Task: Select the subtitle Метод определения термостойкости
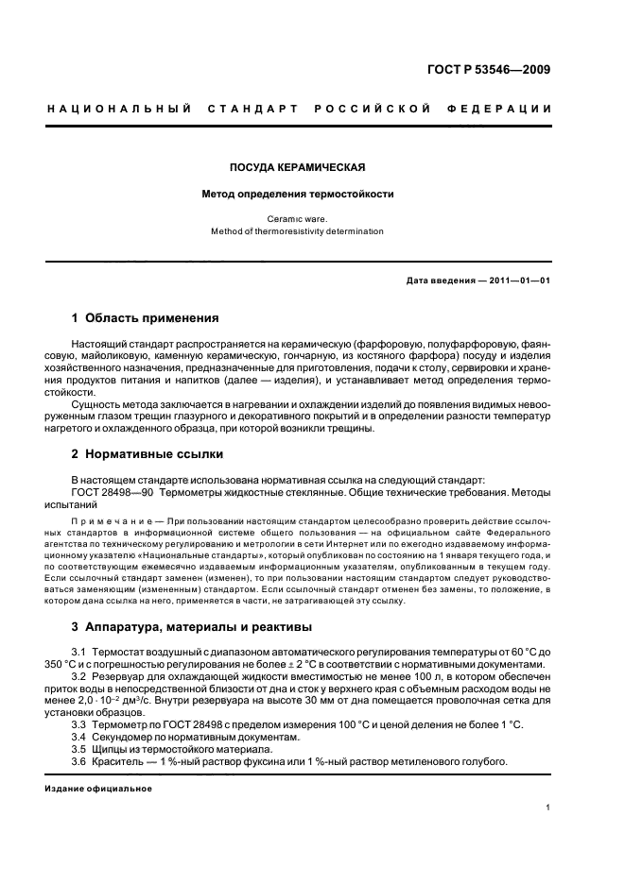click(297, 195)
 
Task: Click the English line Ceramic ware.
click(297, 219)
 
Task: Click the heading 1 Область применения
click(146, 317)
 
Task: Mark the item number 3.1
click(79, 653)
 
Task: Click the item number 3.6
click(79, 761)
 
